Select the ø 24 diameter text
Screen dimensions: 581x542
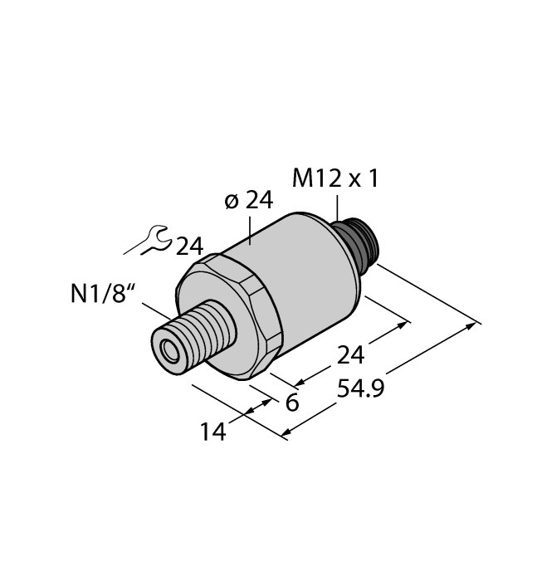click(249, 201)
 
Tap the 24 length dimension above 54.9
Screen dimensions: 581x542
click(349, 355)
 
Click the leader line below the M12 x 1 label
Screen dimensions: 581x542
click(338, 207)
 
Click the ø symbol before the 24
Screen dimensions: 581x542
click(232, 202)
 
